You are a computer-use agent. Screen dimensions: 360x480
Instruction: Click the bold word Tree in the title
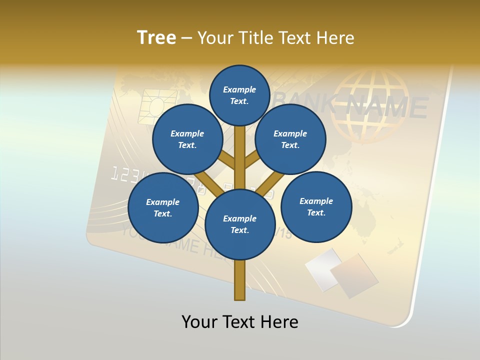coord(156,37)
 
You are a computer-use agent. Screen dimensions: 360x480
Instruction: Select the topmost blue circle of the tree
coord(239,95)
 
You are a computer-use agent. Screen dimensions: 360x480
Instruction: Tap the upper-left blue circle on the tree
coord(187,139)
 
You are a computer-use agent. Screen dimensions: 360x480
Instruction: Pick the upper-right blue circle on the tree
coord(290,139)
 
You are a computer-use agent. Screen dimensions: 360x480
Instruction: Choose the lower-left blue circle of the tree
coord(163,207)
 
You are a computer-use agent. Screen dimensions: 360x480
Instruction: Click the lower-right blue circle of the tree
coord(316,206)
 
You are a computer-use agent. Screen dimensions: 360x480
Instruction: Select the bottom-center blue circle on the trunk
coord(240,224)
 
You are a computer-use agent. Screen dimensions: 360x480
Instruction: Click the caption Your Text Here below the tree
coord(240,322)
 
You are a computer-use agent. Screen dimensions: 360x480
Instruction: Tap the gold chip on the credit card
coord(159,106)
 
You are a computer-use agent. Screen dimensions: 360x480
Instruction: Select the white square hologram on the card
coord(322,269)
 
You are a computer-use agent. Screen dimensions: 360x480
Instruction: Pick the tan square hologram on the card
coord(353,275)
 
